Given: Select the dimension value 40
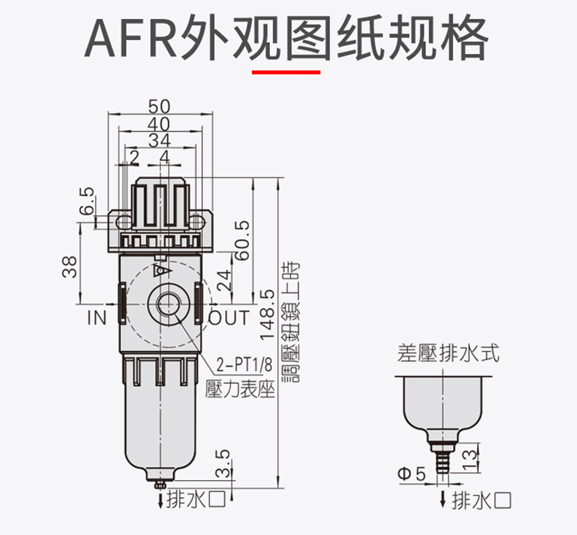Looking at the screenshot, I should pos(160,124).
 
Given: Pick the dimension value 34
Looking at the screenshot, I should pos(160,140).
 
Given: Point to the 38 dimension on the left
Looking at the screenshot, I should pos(70,267).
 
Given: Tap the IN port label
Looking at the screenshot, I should pos(96,317).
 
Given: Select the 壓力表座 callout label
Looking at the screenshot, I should pos(240,388).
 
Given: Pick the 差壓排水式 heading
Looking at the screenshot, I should pos(447,355).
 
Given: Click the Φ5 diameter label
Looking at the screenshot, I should pos(410,475).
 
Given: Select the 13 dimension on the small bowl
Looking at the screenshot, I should pos(470,458).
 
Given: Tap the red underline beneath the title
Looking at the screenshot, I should pos(286,72).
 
